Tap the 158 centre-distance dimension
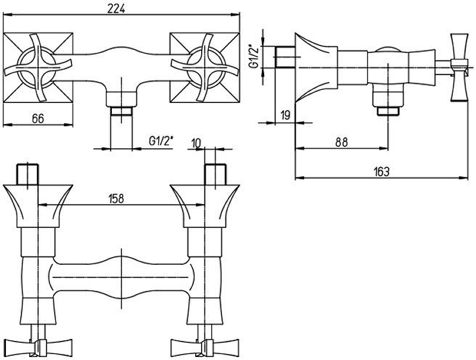click(x=117, y=199)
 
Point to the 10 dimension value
click(x=199, y=143)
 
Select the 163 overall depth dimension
click(x=381, y=171)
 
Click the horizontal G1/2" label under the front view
click(x=161, y=141)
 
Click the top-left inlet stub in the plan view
click(x=27, y=173)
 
